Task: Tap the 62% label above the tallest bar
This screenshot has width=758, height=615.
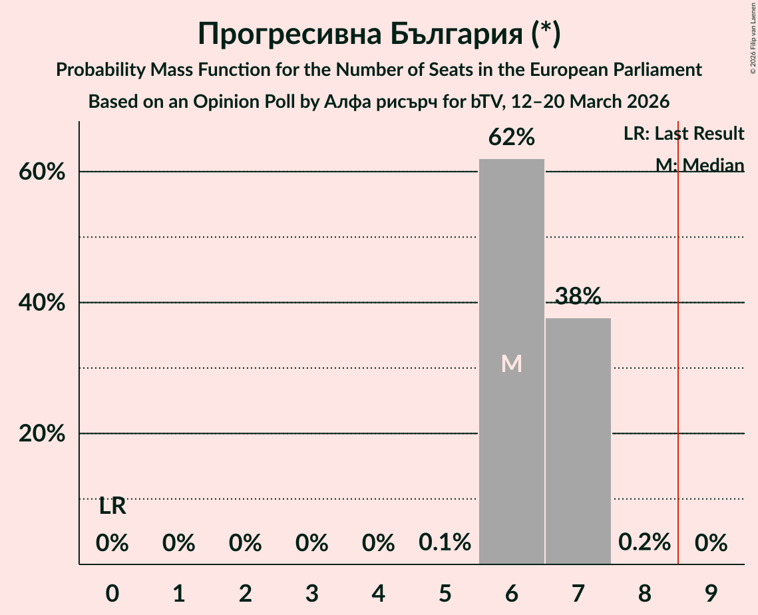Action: click(x=511, y=138)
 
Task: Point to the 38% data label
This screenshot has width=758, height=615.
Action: click(x=578, y=296)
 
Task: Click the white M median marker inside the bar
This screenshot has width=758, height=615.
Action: click(x=511, y=363)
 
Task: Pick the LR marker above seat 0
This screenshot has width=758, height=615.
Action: click(x=112, y=507)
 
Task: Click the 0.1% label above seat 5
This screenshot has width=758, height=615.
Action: click(x=445, y=543)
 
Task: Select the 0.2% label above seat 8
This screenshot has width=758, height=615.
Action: click(x=644, y=543)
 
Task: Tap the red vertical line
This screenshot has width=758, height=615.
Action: click(x=678, y=333)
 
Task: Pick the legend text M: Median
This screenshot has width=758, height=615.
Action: click(x=699, y=164)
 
